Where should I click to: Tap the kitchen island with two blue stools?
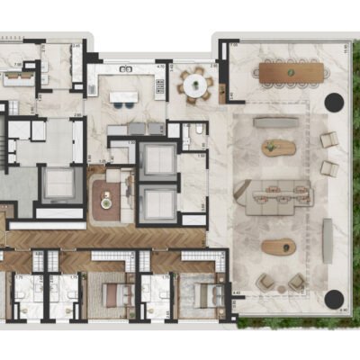[x=123, y=92]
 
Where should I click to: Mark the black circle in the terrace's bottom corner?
[x=334, y=300]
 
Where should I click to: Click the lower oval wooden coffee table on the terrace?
[x=277, y=247]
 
